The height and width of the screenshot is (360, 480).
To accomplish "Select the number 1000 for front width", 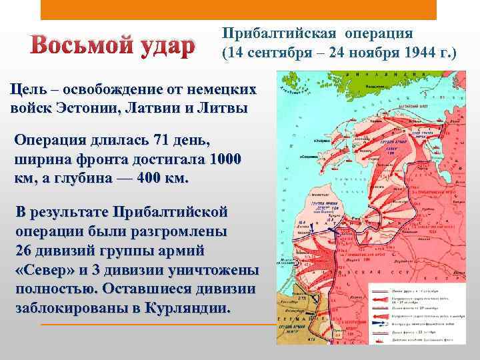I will (225, 161).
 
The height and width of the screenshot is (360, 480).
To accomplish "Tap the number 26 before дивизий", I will (25, 252).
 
